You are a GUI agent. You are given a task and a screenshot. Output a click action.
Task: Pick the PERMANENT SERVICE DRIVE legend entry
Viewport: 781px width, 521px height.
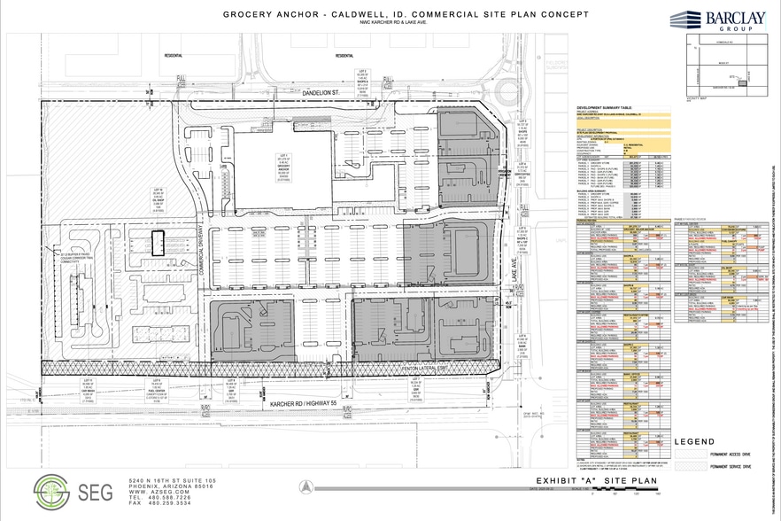coord(732,465)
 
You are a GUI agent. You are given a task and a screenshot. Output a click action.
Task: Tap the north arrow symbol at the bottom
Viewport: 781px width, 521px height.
coord(304,486)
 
